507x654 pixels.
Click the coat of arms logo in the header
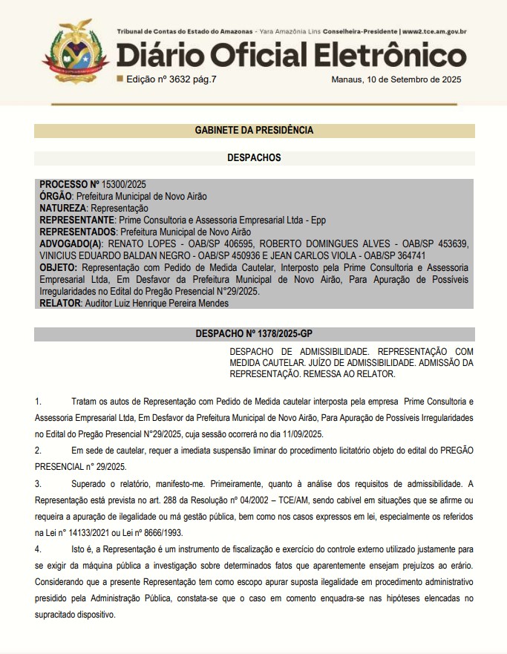pos(73,50)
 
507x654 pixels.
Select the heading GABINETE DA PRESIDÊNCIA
pos(253,130)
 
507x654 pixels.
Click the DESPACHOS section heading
pos(253,157)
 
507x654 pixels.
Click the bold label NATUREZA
pos(63,209)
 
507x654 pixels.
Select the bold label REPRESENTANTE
pos(76,220)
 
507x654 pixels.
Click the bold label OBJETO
pos(58,266)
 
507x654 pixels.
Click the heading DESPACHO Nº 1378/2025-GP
pos(253,334)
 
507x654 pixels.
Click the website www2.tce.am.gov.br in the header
pos(434,32)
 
